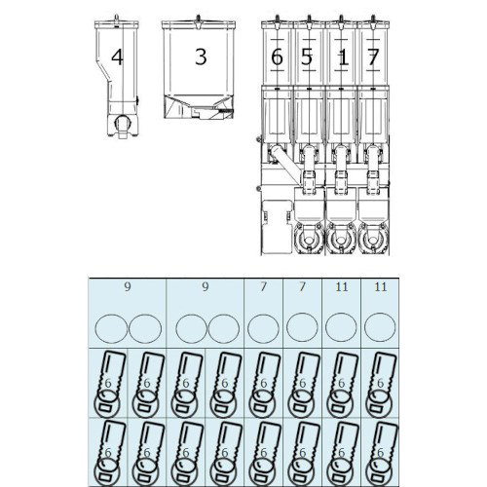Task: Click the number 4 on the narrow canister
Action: click(117, 57)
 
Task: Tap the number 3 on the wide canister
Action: click(201, 56)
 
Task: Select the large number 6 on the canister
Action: click(277, 57)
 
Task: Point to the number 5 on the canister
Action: click(307, 57)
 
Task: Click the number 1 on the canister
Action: click(343, 58)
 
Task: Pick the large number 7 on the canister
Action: click(373, 57)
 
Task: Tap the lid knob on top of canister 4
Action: click(117, 19)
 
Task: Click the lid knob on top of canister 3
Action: click(198, 19)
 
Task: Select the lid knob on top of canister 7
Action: click(373, 19)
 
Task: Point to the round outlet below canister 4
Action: click(123, 123)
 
